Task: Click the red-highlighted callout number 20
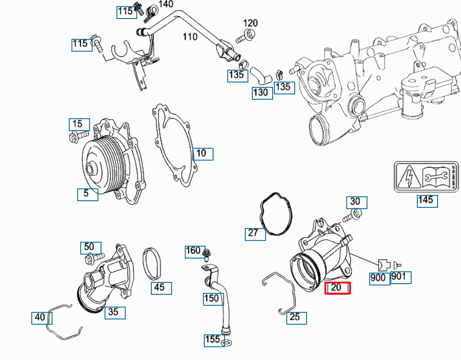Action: click(x=337, y=288)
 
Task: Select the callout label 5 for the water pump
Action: click(x=87, y=194)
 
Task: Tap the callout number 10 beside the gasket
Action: click(x=202, y=154)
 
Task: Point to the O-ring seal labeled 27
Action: click(x=277, y=216)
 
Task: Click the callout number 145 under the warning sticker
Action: click(x=427, y=201)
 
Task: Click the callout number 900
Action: click(x=379, y=278)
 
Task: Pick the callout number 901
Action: click(x=401, y=277)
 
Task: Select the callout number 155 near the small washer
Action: click(x=214, y=340)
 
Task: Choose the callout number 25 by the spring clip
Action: click(x=296, y=318)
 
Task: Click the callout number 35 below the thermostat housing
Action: click(x=115, y=312)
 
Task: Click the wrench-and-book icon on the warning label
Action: click(x=435, y=177)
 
